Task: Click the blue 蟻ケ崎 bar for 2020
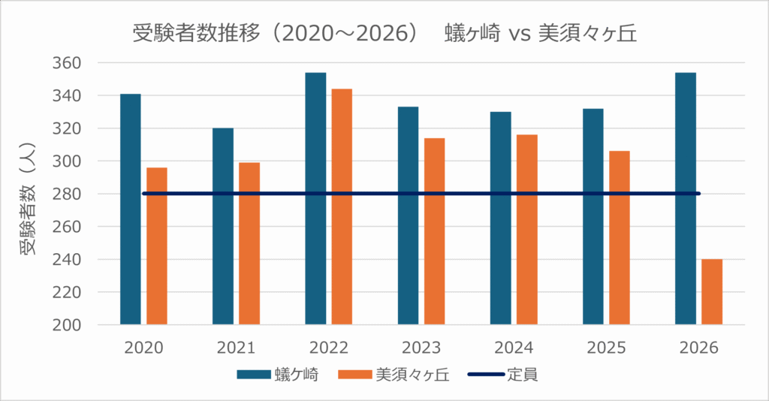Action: (130, 210)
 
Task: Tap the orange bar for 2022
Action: (342, 207)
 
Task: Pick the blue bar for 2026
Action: (686, 199)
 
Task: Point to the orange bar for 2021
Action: (249, 243)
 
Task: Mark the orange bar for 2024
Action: (527, 230)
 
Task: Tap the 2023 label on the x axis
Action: (421, 348)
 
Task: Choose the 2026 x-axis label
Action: (698, 348)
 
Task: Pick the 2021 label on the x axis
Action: (236, 348)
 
